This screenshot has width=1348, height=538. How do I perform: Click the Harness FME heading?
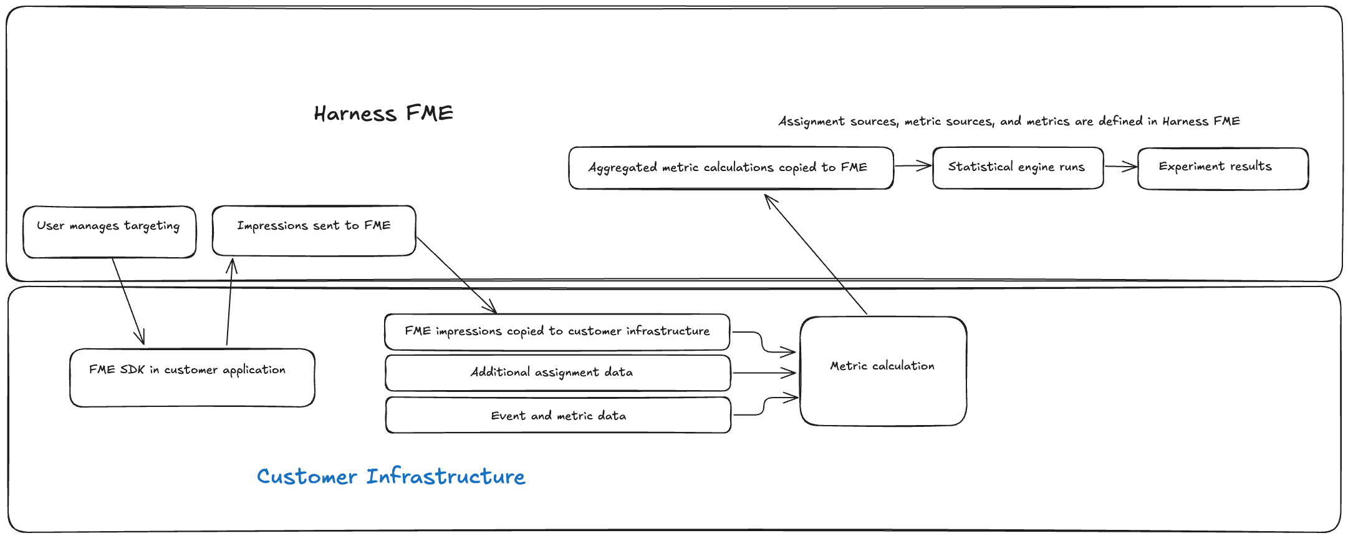(383, 114)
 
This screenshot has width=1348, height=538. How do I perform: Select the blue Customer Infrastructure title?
(391, 477)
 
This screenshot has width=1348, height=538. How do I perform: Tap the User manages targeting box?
(109, 232)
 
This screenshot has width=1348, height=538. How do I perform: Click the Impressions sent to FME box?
(314, 230)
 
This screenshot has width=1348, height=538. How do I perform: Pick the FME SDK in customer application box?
(192, 378)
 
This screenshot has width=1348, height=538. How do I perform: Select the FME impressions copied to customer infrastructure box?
(557, 331)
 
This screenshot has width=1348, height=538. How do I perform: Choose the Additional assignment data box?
(557, 373)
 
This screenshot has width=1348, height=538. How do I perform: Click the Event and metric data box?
(558, 416)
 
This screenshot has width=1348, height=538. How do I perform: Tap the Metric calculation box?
(883, 371)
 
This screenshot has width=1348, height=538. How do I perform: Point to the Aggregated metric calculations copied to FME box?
(731, 168)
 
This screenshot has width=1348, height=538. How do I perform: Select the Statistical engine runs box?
(1018, 167)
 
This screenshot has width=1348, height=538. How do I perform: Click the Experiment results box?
(1222, 168)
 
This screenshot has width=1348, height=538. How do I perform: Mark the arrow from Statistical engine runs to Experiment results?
(1120, 167)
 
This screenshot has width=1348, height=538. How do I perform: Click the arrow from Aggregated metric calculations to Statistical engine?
(913, 166)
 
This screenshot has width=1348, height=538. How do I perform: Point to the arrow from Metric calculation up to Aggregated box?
(816, 254)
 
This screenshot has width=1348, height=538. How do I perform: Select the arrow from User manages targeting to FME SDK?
(128, 300)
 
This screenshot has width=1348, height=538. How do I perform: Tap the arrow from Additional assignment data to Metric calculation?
(764, 373)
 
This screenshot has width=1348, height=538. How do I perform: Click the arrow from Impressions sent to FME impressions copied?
(456, 275)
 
